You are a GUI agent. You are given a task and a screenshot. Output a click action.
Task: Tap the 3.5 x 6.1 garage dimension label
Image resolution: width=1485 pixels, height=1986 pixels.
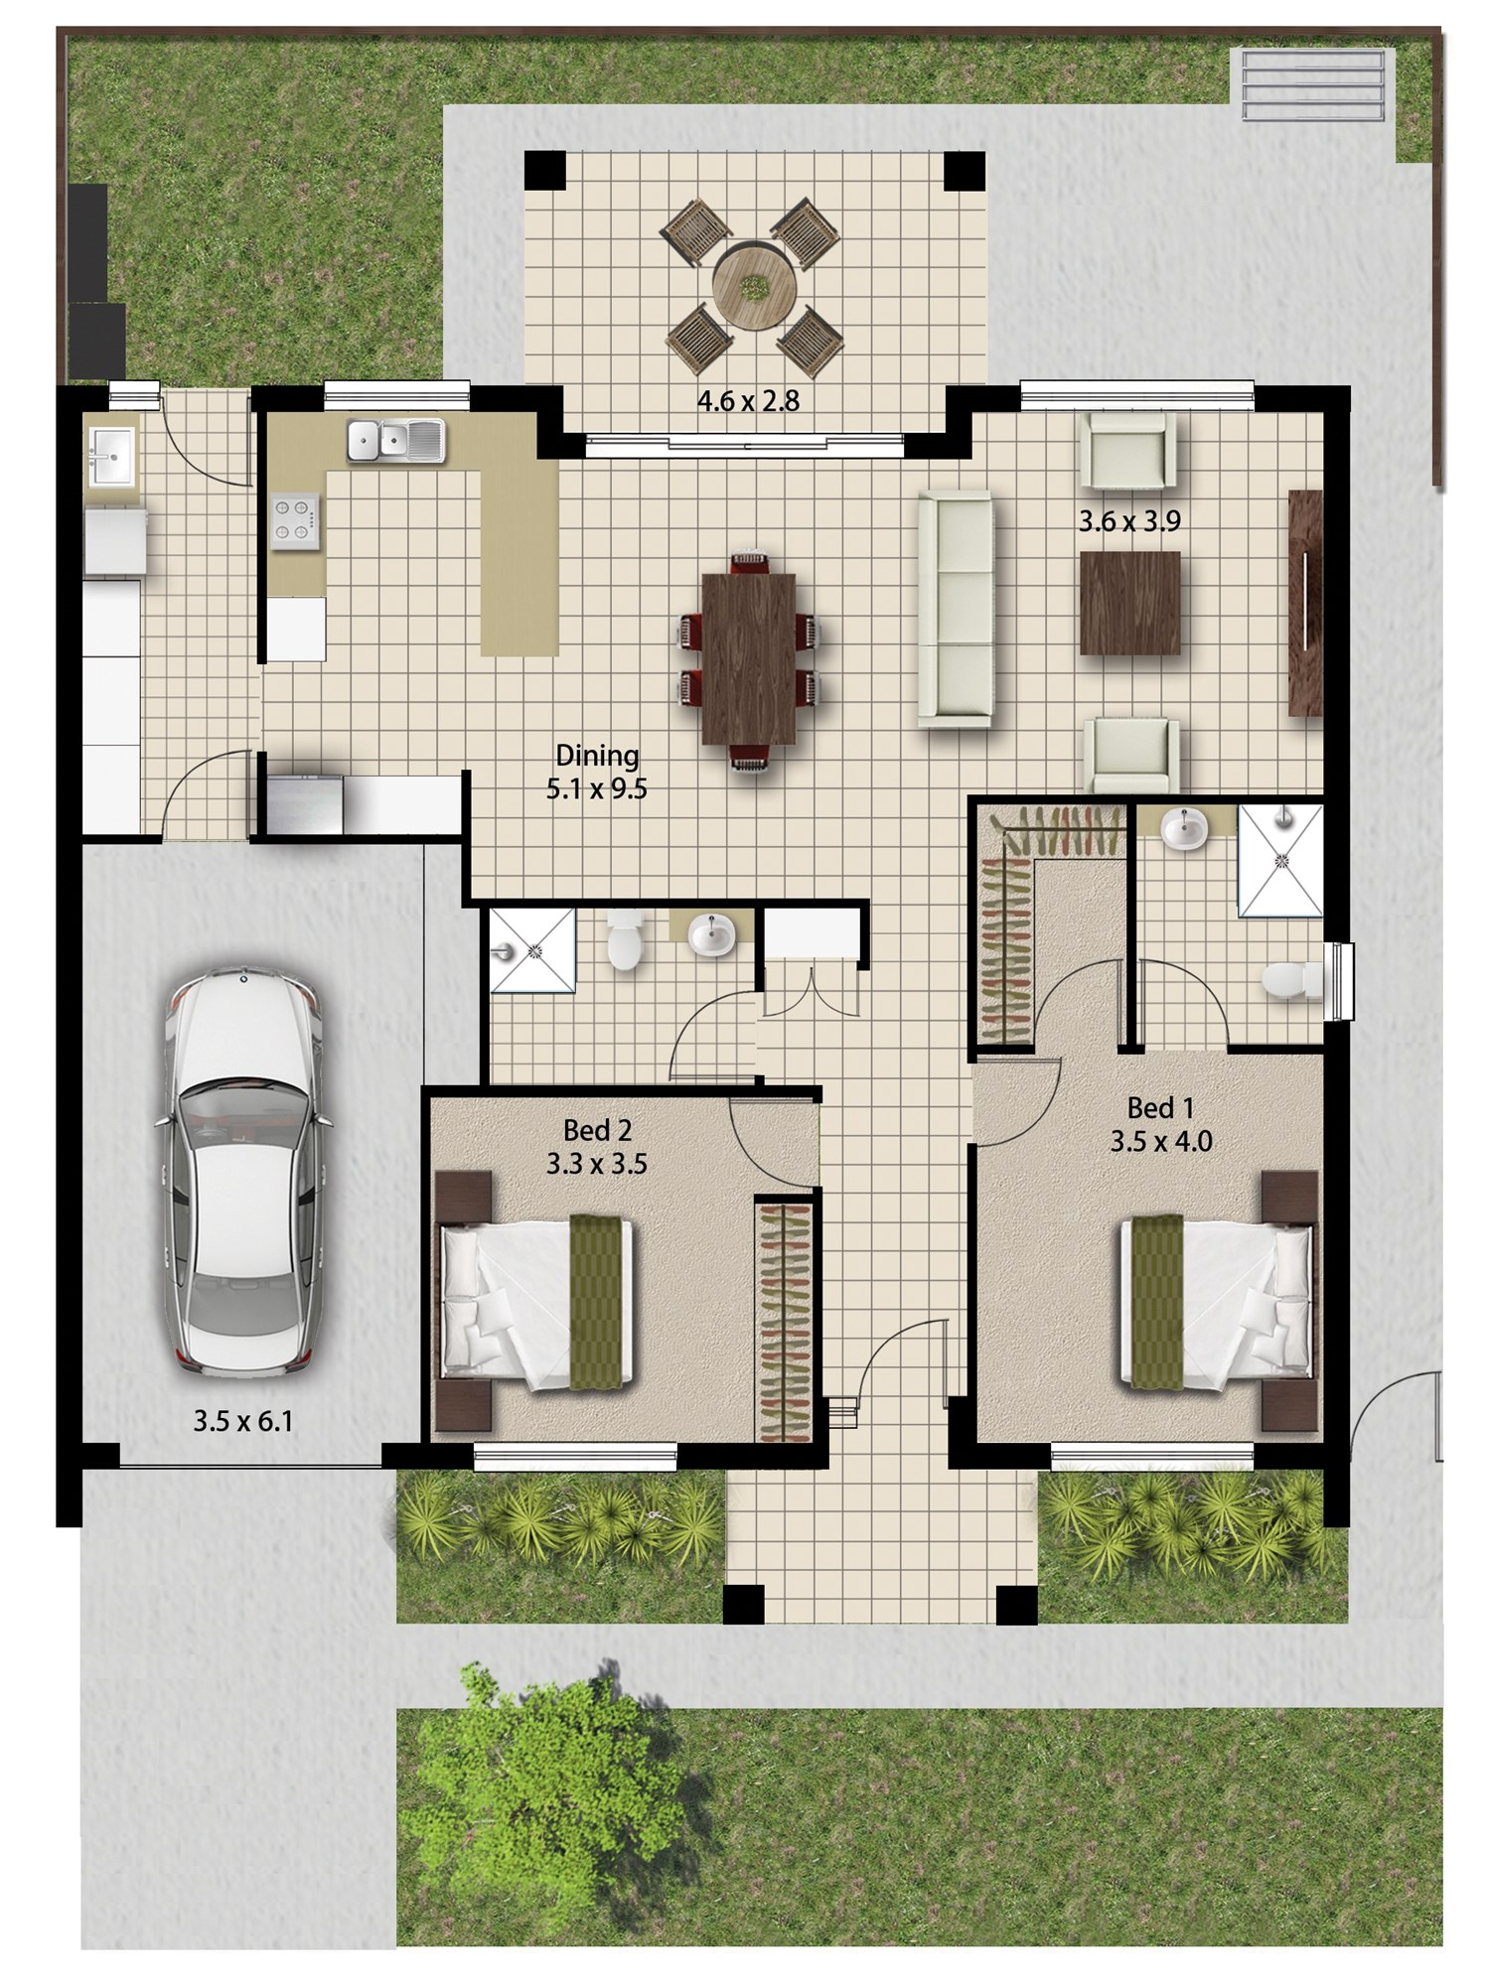243,1421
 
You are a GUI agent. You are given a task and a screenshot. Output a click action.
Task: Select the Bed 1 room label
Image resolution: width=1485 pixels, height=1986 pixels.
1160,1107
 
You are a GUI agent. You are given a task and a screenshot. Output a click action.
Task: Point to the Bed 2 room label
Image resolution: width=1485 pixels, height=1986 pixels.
597,1130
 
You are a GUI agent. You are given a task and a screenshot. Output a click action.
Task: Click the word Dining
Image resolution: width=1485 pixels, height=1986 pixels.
597,756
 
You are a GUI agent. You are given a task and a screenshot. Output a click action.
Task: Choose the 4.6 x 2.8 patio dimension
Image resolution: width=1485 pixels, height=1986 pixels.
748,401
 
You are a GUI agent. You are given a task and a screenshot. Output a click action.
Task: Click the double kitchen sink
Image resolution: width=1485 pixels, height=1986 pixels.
396,441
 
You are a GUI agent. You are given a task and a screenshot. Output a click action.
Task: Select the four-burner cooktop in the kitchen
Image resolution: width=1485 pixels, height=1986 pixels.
296,521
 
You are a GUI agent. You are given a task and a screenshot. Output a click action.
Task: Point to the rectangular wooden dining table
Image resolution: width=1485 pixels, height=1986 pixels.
749,658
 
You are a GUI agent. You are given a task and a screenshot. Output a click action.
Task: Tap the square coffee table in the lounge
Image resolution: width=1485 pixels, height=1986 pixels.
1130,603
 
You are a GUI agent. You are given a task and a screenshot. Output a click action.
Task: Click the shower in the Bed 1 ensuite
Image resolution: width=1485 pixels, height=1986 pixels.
1280,860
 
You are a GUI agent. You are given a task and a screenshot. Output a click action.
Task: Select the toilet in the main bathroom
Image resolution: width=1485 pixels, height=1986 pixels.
626,938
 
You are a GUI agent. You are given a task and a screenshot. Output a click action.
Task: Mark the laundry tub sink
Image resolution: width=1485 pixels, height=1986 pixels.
111,457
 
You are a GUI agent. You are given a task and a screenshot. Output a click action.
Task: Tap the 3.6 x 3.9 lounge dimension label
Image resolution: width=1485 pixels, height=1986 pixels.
1130,521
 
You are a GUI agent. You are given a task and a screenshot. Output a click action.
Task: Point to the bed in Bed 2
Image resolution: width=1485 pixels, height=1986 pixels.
537,1302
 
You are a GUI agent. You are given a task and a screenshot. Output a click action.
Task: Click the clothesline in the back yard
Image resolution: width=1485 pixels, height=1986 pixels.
1311,85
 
